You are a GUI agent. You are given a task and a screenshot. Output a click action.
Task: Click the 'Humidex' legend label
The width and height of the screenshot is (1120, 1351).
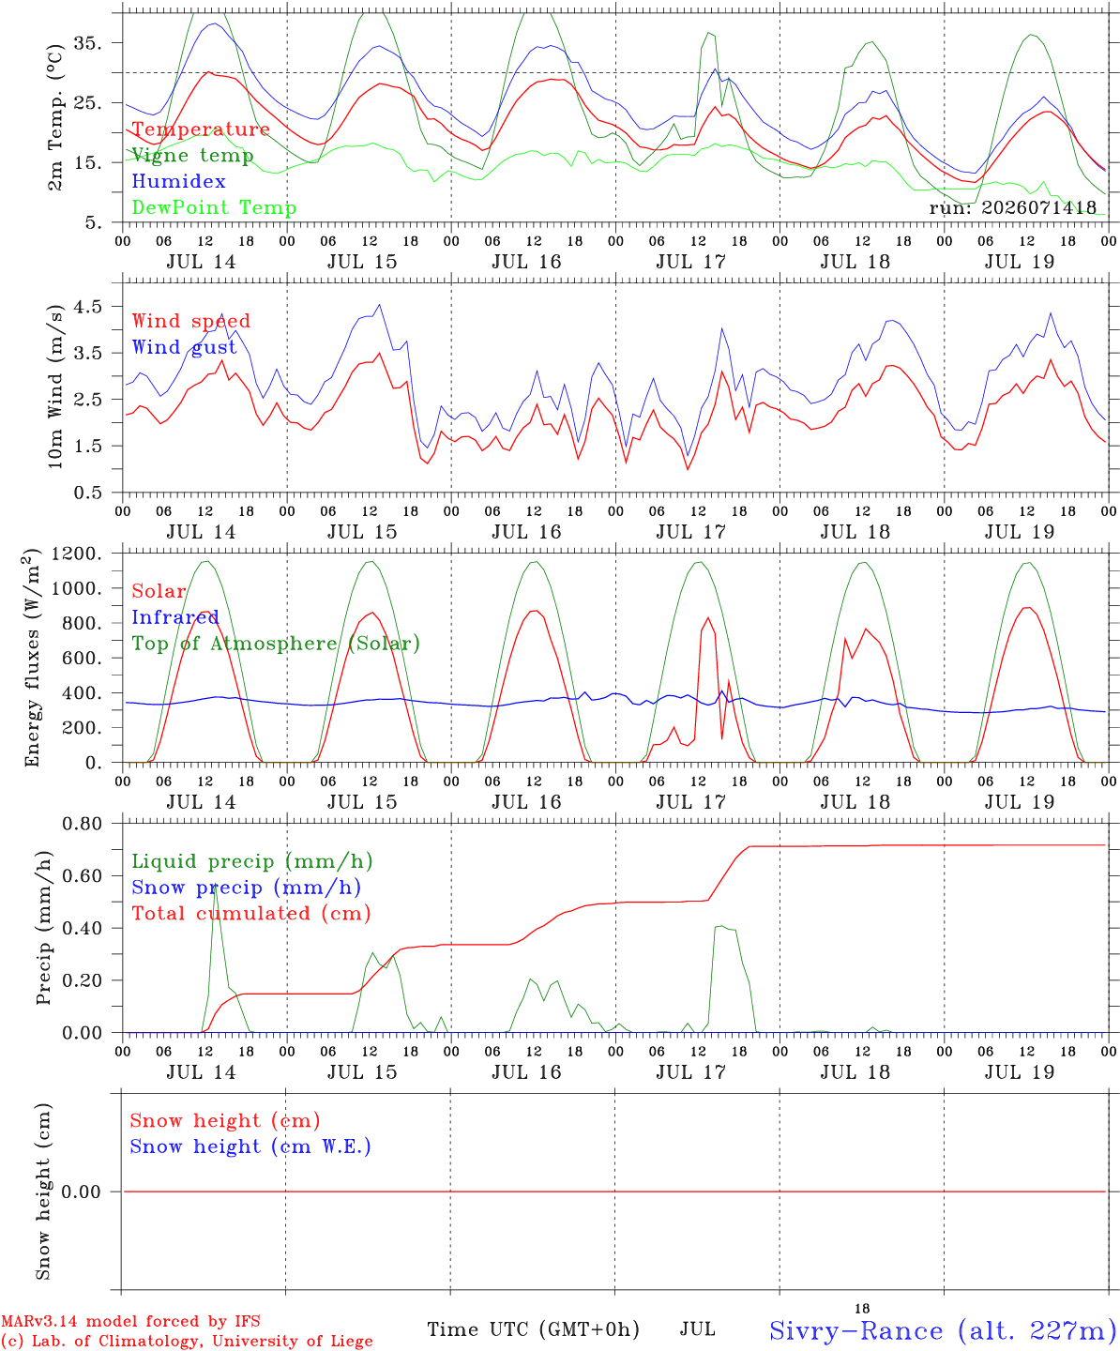(x=178, y=181)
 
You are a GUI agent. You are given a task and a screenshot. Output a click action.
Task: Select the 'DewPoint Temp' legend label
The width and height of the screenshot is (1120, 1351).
(x=214, y=207)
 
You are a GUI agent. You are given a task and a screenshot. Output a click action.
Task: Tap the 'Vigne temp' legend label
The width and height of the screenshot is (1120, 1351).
(x=192, y=156)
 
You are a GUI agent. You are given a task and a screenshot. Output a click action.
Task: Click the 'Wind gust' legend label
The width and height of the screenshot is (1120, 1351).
(x=185, y=347)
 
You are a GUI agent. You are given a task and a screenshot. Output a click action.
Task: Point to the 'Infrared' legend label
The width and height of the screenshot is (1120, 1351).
(x=175, y=617)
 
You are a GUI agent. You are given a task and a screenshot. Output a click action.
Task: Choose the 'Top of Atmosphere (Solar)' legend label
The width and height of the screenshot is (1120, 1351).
(x=276, y=644)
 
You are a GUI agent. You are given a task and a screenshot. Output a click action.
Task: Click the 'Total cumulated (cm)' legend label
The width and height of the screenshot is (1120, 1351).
(x=251, y=914)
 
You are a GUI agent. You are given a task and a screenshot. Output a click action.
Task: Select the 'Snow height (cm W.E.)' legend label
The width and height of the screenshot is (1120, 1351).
(x=250, y=1146)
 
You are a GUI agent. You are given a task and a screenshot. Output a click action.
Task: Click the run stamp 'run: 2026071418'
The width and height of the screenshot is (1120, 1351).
(x=1012, y=207)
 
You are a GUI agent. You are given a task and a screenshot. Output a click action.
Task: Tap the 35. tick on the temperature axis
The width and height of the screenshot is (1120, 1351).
(x=88, y=43)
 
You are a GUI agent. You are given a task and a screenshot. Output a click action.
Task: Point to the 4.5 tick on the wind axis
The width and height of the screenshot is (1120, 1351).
(x=88, y=307)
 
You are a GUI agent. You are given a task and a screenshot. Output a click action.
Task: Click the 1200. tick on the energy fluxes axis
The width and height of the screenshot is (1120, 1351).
(x=77, y=554)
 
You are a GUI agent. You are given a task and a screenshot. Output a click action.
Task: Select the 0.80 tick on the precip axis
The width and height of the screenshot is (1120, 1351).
(x=83, y=824)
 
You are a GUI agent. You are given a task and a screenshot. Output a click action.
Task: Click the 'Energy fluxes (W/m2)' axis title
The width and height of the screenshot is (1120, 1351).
(x=32, y=658)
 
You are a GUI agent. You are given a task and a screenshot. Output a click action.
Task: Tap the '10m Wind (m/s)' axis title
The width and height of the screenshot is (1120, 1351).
(x=55, y=387)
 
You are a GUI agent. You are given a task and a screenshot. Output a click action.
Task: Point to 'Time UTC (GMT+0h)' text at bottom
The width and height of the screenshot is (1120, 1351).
(x=533, y=1329)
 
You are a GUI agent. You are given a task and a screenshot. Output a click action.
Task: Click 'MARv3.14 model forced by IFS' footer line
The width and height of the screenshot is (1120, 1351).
(x=130, y=1321)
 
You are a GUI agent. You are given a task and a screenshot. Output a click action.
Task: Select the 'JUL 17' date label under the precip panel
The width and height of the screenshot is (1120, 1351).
(x=691, y=1071)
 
